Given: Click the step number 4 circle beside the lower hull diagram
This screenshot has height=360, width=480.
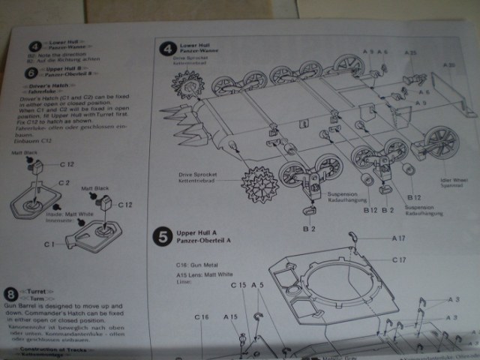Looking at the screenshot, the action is coord(167,50).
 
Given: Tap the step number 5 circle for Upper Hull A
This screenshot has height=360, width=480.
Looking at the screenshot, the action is coord(163,238).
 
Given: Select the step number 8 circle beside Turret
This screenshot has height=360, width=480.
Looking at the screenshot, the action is coord(11,292).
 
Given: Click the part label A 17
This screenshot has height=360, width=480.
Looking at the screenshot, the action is coord(400,238).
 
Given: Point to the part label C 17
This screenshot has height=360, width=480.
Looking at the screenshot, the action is coord(398,259).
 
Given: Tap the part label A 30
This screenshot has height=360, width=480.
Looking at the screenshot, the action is coord(448,65).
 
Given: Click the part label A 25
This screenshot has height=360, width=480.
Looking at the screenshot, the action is coord(410,53).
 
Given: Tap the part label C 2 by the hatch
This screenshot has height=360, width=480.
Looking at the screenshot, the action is coord(64,182).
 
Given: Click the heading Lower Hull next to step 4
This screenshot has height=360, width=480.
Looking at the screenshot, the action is coord(193,46).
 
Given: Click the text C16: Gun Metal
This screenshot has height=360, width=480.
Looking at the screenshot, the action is coord(198,265).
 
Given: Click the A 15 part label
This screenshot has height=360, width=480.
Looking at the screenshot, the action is coord(230,317).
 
